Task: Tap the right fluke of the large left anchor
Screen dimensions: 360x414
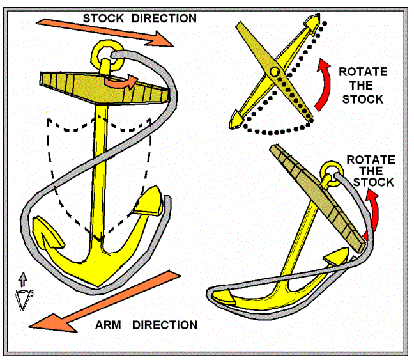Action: point(149,201)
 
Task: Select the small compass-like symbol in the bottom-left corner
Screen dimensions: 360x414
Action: point(24,292)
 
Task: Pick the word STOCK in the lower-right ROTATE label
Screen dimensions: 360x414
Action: point(374,182)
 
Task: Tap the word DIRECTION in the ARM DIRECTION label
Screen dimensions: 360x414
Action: point(165,325)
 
